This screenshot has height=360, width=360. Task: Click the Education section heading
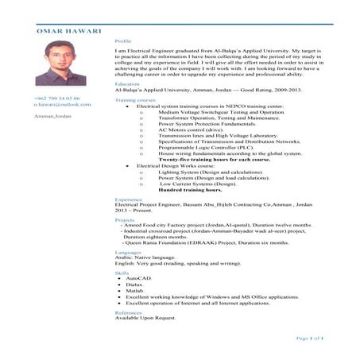click(x=127, y=83)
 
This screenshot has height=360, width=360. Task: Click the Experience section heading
click(x=129, y=198)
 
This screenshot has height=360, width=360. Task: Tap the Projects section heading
click(x=125, y=219)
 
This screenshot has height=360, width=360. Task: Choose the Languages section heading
click(x=128, y=251)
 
